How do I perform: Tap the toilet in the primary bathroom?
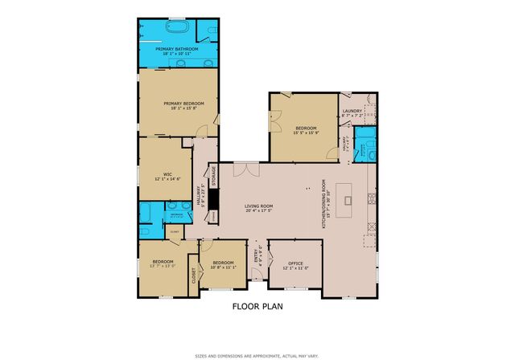click(x=210, y=30)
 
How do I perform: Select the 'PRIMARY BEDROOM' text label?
click(x=183, y=104)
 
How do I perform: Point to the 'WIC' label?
click(x=167, y=173)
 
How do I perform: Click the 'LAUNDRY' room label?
click(x=352, y=111)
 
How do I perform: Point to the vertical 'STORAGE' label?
click(x=213, y=177)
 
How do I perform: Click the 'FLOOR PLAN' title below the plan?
click(x=257, y=306)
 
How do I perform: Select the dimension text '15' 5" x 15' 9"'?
click(x=306, y=133)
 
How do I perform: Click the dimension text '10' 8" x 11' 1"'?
click(x=223, y=267)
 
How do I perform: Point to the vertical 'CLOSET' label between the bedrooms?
click(x=193, y=275)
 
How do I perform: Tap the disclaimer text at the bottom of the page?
click(x=257, y=355)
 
